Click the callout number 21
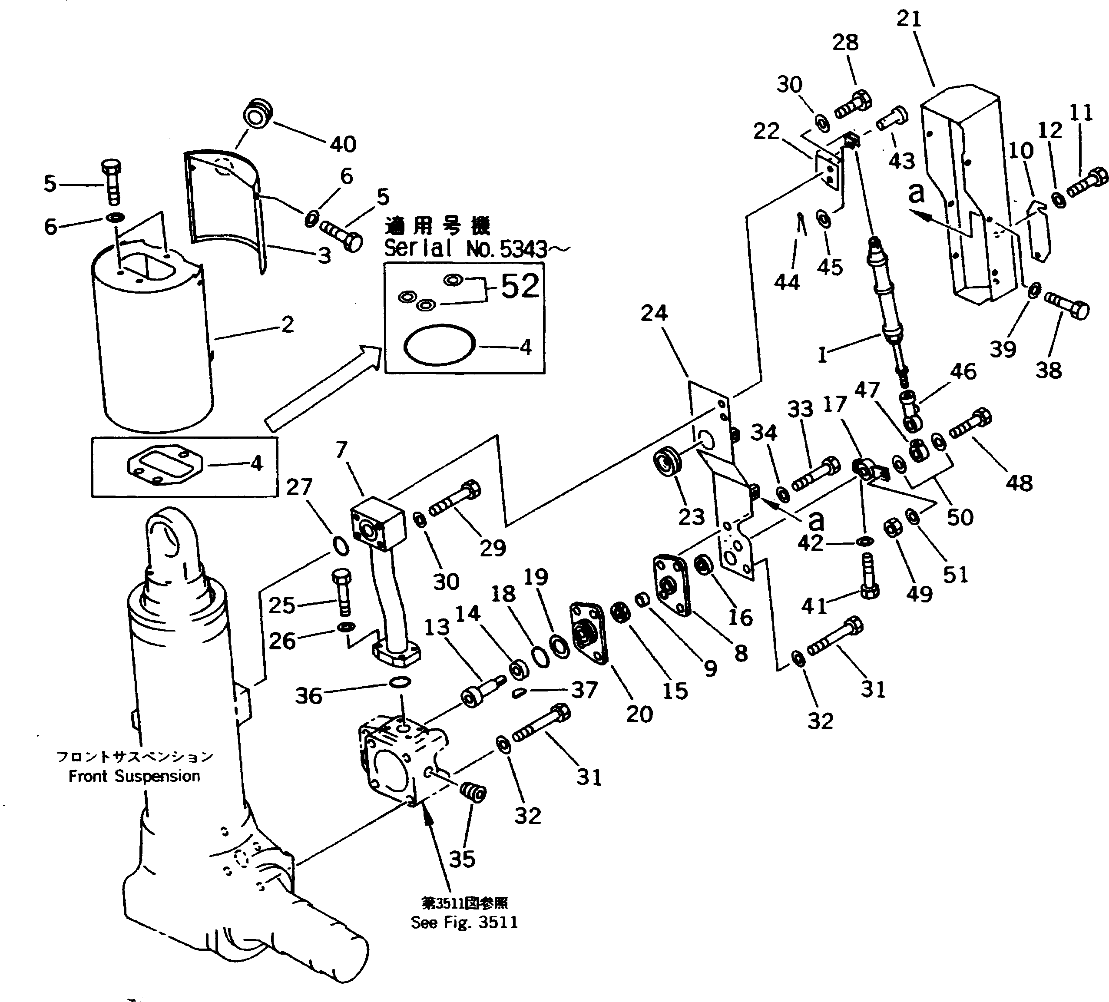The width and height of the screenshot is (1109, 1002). pyautogui.click(x=909, y=19)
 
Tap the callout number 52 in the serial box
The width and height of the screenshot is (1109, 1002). pyautogui.click(x=520, y=287)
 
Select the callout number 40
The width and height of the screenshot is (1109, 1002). pyautogui.click(x=343, y=144)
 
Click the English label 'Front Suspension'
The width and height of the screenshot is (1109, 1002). pyautogui.click(x=134, y=776)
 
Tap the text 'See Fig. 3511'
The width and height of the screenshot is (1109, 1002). pyautogui.click(x=464, y=922)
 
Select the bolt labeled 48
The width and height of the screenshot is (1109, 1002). pyautogui.click(x=970, y=424)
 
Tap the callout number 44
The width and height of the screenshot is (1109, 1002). pyautogui.click(x=787, y=282)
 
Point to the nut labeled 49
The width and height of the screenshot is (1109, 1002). pyautogui.click(x=892, y=529)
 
